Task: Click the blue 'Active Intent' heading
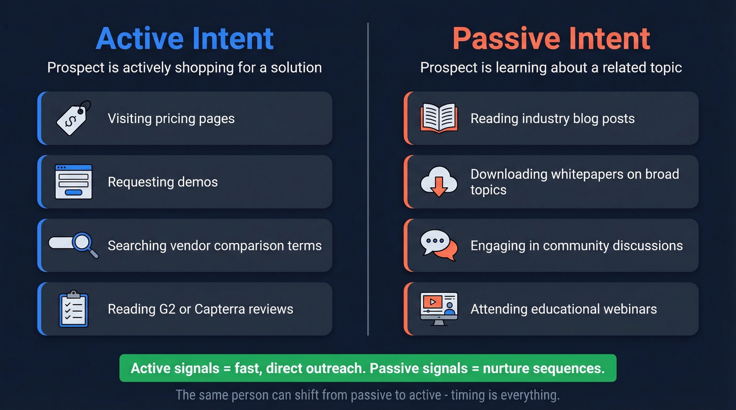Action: [185, 38]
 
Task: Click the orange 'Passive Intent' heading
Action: [551, 38]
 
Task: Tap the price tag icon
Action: [74, 118]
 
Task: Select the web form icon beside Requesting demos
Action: [74, 182]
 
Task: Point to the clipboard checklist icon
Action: [74, 309]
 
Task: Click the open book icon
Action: [439, 118]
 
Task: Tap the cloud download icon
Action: [439, 182]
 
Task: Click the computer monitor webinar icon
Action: [439, 309]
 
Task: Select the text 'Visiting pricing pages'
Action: [171, 119]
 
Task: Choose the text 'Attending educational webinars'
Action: [564, 309]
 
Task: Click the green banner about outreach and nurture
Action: [367, 368]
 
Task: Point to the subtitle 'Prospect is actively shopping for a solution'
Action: [185, 68]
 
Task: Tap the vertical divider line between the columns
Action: [368, 178]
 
